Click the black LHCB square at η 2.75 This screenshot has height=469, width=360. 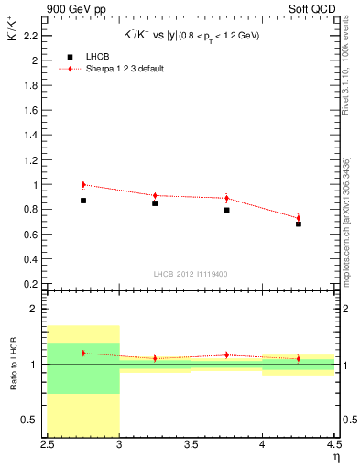point(83,201)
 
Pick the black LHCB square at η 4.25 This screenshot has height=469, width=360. point(298,224)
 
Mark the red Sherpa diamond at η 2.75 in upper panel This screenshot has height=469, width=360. point(83,184)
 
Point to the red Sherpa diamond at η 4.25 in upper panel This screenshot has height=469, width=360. point(298,218)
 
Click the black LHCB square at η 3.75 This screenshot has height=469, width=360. point(226,210)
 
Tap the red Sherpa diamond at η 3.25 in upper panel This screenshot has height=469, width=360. point(155,195)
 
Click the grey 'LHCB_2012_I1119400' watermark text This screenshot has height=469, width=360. point(191,273)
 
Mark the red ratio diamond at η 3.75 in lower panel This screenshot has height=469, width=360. point(226,355)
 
